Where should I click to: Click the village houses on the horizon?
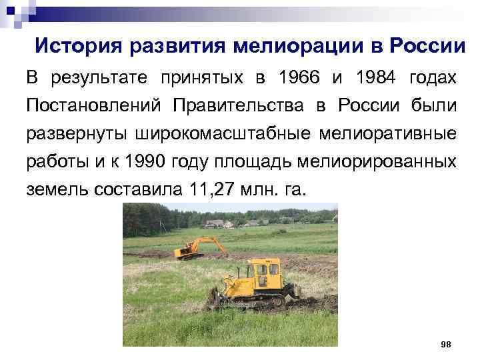[220, 223]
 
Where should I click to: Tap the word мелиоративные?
[395, 133]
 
